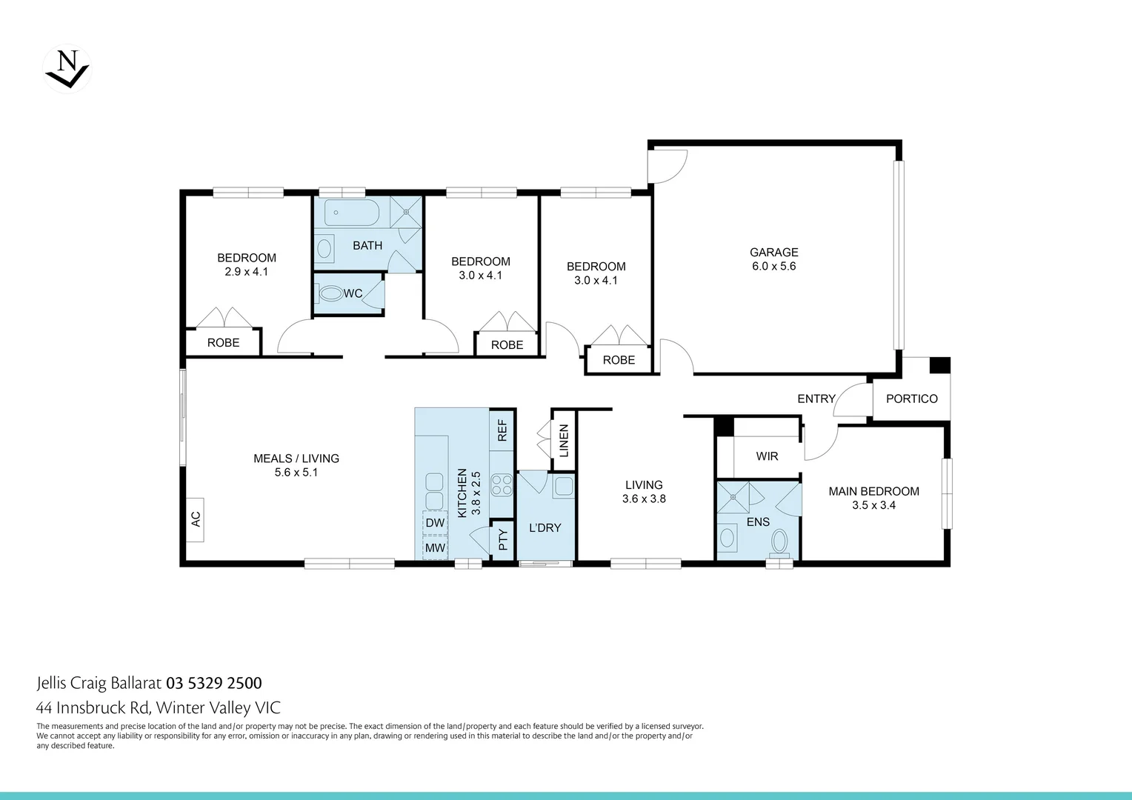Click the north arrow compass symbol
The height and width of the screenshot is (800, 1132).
point(67,70)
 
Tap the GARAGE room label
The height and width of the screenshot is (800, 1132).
point(773,252)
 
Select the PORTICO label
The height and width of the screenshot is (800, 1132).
point(911,399)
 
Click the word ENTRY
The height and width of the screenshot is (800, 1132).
point(816,399)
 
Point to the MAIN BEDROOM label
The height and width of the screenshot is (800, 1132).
point(873,491)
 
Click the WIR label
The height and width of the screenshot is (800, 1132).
point(767,456)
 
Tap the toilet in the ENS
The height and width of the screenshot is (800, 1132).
point(779,542)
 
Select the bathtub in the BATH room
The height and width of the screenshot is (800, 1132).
point(353,213)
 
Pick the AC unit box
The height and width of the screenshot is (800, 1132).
point(195,519)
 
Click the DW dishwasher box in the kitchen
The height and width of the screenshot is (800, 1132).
point(435,522)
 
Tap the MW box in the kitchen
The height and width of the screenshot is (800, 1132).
point(435,548)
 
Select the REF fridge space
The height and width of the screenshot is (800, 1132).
point(502,430)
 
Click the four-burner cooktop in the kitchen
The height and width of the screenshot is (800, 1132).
point(502,484)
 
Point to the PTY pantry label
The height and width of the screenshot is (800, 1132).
point(502,540)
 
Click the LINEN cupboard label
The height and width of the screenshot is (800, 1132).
point(564,440)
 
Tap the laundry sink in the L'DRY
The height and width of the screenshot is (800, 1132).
point(562,487)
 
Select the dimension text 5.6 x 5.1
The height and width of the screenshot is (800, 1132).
point(296,473)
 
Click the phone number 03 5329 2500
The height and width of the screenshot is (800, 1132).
point(213,683)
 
